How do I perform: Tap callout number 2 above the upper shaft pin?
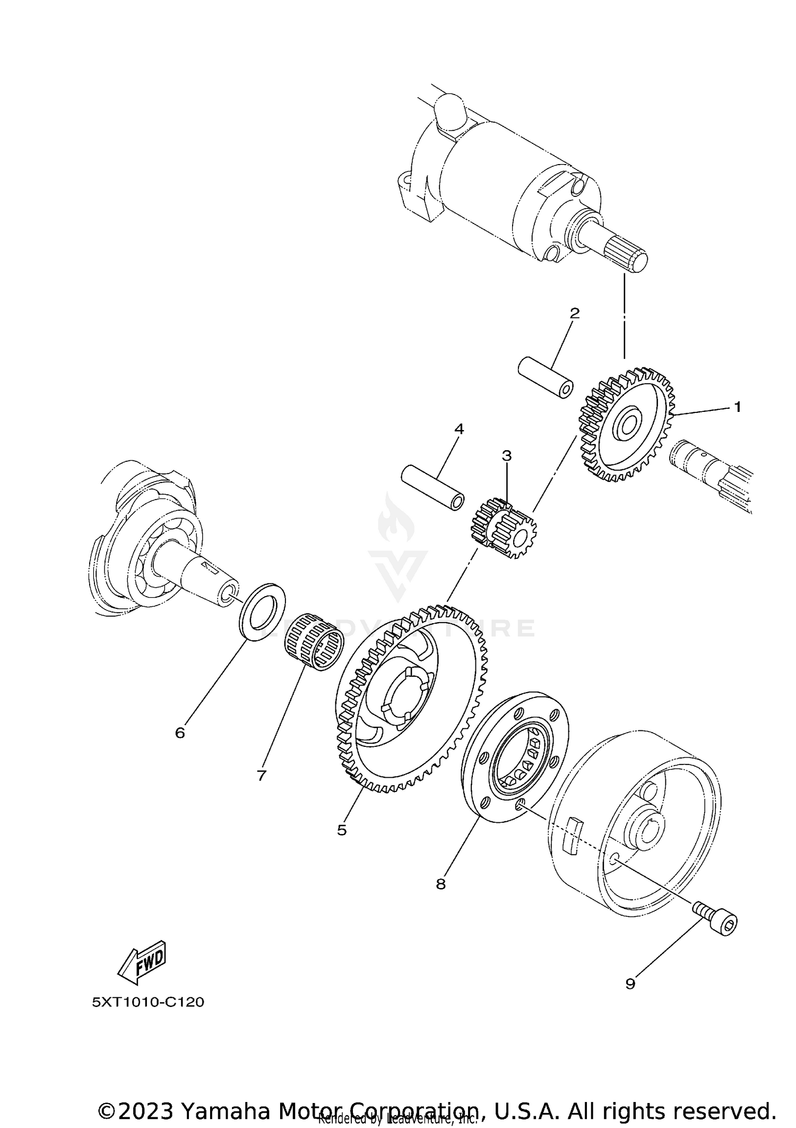(574, 313)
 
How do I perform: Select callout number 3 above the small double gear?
(506, 455)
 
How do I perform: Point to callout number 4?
(459, 429)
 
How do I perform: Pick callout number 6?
(180, 733)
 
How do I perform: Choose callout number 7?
(261, 776)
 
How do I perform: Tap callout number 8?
(440, 884)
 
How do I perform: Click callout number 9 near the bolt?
(630, 984)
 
